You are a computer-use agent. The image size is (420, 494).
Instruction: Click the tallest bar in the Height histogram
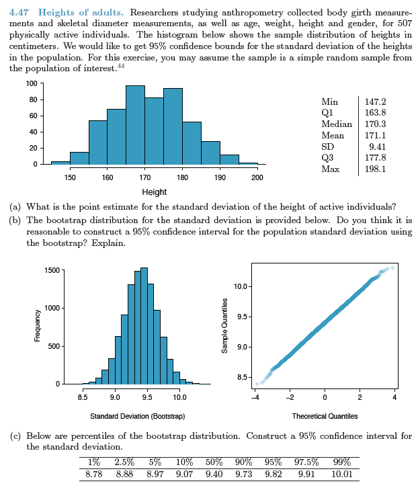point(135,125)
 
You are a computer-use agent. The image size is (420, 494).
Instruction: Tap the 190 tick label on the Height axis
point(220,177)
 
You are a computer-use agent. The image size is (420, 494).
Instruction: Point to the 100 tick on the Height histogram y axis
point(31,83)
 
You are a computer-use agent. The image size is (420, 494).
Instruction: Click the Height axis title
point(155,192)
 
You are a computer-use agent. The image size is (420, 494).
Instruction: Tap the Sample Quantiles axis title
point(226,327)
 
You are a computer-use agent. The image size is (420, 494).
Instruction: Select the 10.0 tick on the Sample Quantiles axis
point(244,287)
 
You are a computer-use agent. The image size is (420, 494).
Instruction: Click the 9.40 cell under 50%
point(213,475)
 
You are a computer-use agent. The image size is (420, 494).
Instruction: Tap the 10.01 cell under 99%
point(342,475)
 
